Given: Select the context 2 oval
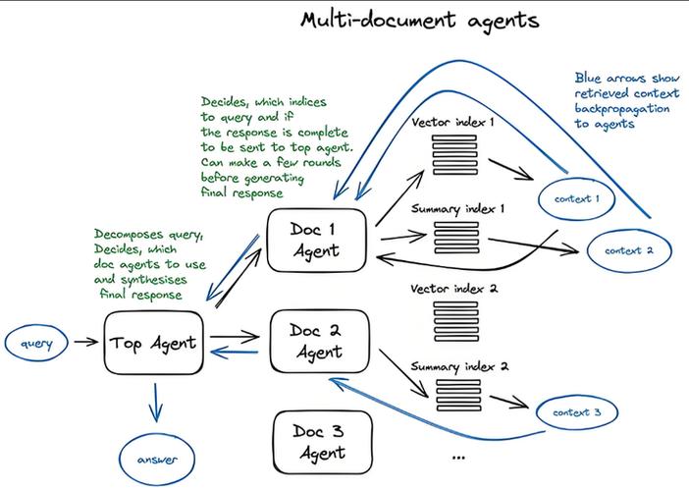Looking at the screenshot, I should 629,250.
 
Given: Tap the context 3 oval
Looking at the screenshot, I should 577,412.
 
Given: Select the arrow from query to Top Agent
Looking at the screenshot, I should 86,343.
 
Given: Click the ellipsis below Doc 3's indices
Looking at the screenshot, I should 457,458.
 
